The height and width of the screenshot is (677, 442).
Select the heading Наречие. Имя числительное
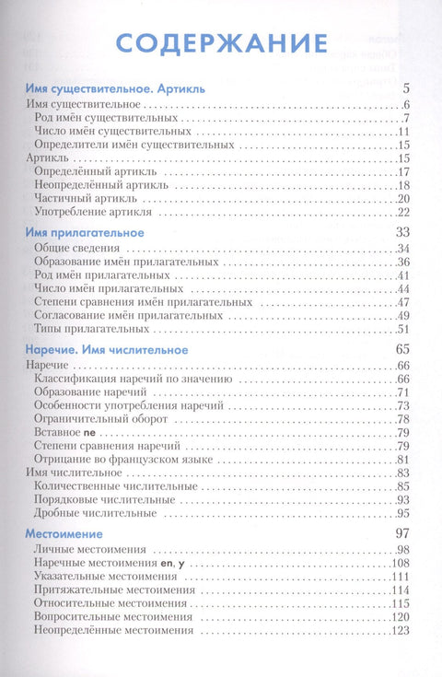point(109,350)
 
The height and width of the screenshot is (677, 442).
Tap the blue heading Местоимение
point(63,533)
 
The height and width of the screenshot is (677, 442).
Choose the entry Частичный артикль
point(83,199)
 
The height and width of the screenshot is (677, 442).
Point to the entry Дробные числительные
point(95,512)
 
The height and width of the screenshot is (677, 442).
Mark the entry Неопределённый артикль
point(96,185)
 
